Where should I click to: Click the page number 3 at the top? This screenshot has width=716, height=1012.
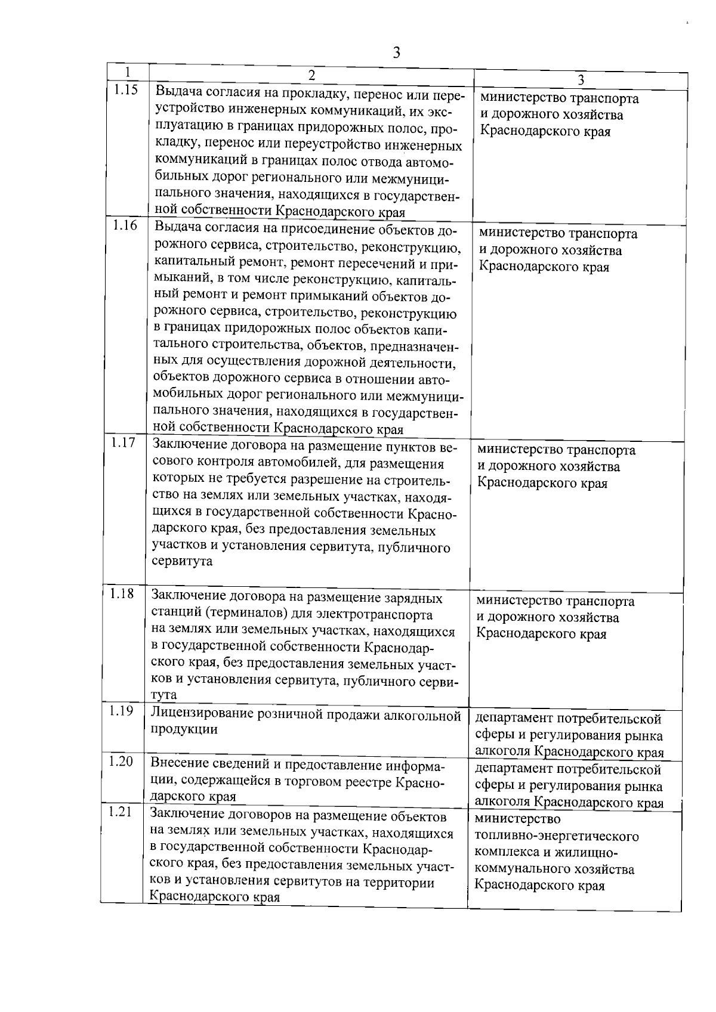click(396, 52)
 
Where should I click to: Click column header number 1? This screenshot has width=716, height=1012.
click(128, 71)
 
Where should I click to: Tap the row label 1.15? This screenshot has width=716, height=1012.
click(126, 90)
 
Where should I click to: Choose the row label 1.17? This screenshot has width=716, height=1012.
click(123, 442)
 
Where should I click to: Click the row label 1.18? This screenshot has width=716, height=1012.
click(122, 593)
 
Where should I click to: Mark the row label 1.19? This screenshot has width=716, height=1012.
click(121, 711)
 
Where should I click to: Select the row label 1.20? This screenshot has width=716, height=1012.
click(121, 762)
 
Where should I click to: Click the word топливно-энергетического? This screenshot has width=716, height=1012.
click(557, 836)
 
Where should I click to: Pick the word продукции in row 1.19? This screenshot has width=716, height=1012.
click(184, 729)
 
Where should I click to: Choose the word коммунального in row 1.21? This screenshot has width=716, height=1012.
click(519, 869)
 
